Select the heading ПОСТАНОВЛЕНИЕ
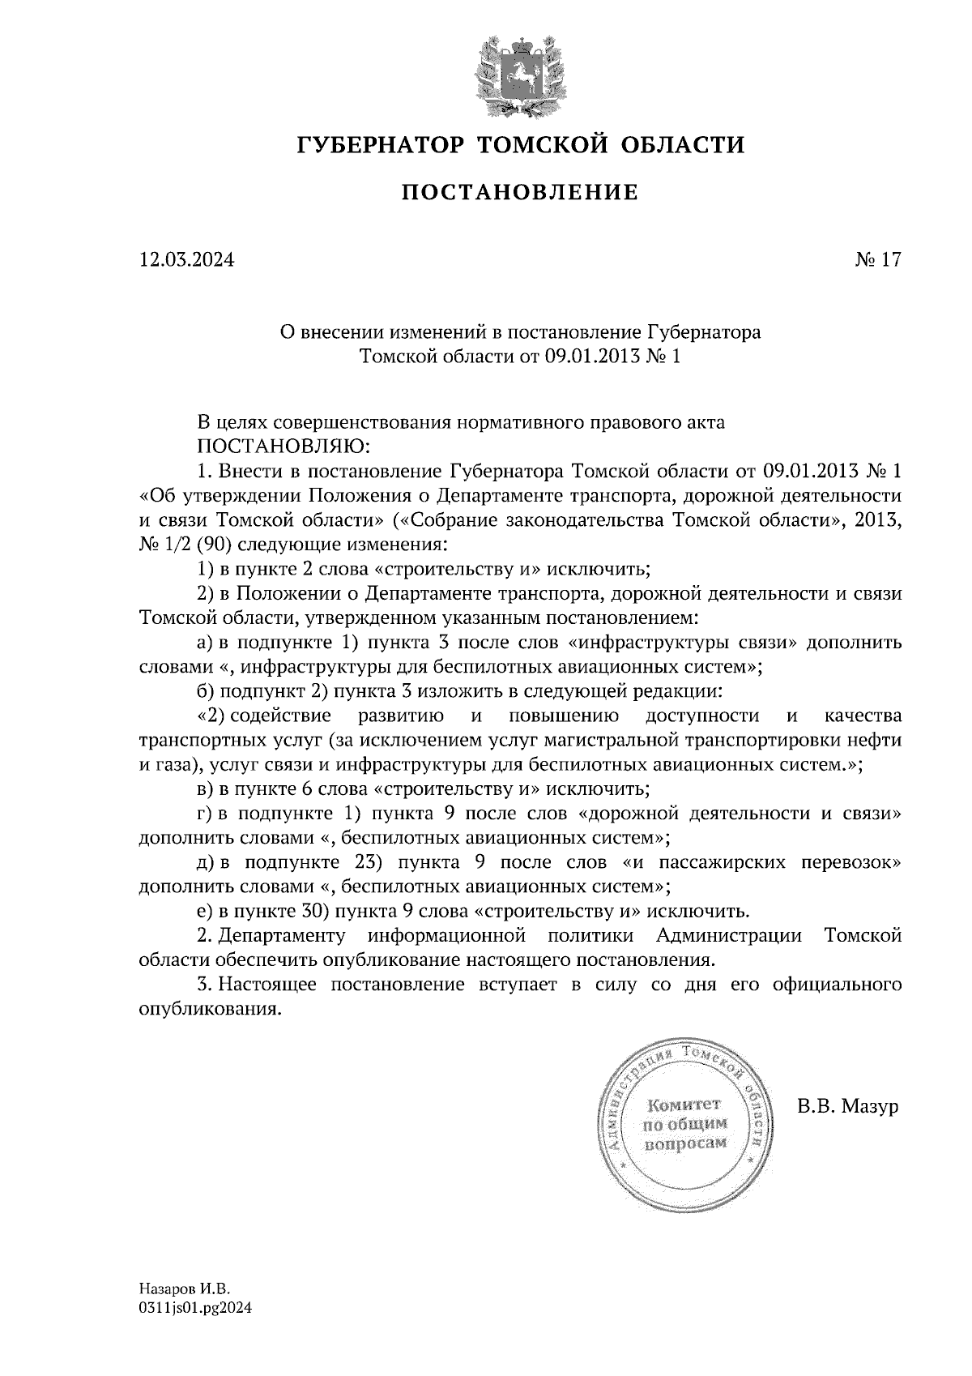(x=520, y=193)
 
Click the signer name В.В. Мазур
(x=848, y=1106)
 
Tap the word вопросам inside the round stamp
(x=684, y=1143)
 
